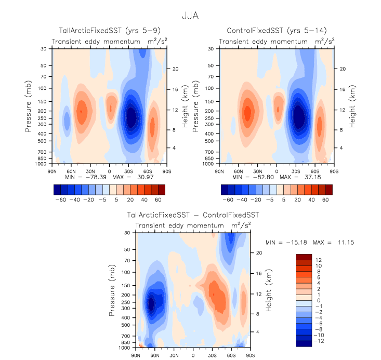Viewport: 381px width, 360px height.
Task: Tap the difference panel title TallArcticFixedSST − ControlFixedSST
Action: [x=193, y=215]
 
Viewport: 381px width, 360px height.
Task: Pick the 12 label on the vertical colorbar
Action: [x=318, y=260]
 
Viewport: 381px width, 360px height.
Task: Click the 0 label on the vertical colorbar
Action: [x=317, y=301]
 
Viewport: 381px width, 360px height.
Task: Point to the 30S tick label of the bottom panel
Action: [x=212, y=355]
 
